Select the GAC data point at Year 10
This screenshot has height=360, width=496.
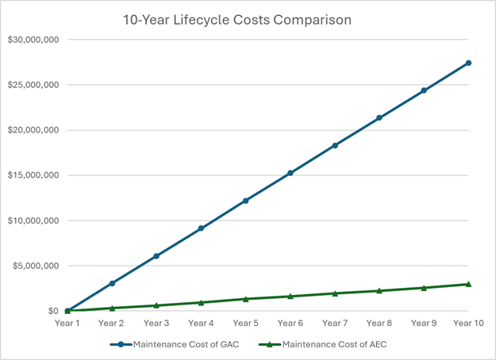click(x=468, y=63)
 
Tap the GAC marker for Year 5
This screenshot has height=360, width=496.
click(x=246, y=201)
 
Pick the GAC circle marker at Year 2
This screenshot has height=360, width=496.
click(x=112, y=283)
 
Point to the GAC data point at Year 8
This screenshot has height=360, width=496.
click(x=379, y=117)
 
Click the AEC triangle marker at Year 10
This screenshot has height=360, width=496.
click(x=468, y=284)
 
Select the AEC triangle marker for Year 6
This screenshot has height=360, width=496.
click(x=290, y=296)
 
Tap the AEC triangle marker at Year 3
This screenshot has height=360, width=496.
click(x=156, y=305)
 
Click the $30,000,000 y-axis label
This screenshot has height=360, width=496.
click(x=33, y=40)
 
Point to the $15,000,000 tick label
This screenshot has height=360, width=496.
click(x=33, y=175)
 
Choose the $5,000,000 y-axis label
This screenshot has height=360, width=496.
click(x=35, y=266)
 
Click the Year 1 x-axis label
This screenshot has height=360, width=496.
click(x=67, y=323)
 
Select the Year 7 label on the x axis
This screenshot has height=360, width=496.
click(x=335, y=323)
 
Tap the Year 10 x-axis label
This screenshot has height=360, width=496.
click(x=468, y=323)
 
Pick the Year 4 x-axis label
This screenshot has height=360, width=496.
click(x=201, y=323)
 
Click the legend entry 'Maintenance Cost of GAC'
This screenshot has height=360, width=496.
click(x=184, y=344)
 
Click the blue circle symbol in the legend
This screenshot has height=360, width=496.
click(x=120, y=344)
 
